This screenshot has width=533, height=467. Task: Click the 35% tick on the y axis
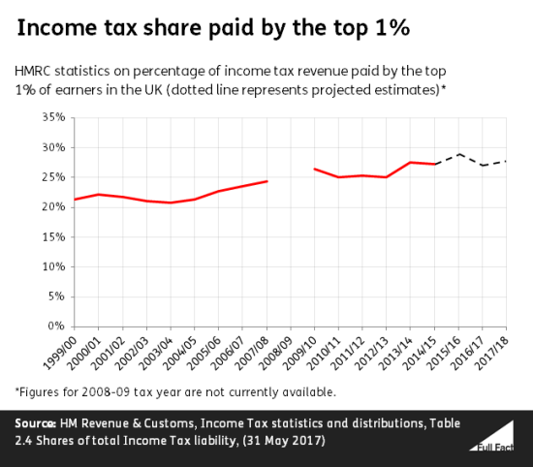54,117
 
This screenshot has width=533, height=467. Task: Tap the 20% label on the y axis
54,207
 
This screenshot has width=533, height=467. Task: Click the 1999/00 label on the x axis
62,350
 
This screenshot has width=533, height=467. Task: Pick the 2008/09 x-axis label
276,350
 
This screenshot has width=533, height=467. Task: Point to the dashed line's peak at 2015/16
459,154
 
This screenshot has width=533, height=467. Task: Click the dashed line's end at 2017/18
506,161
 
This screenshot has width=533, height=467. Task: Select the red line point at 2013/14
411,162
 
